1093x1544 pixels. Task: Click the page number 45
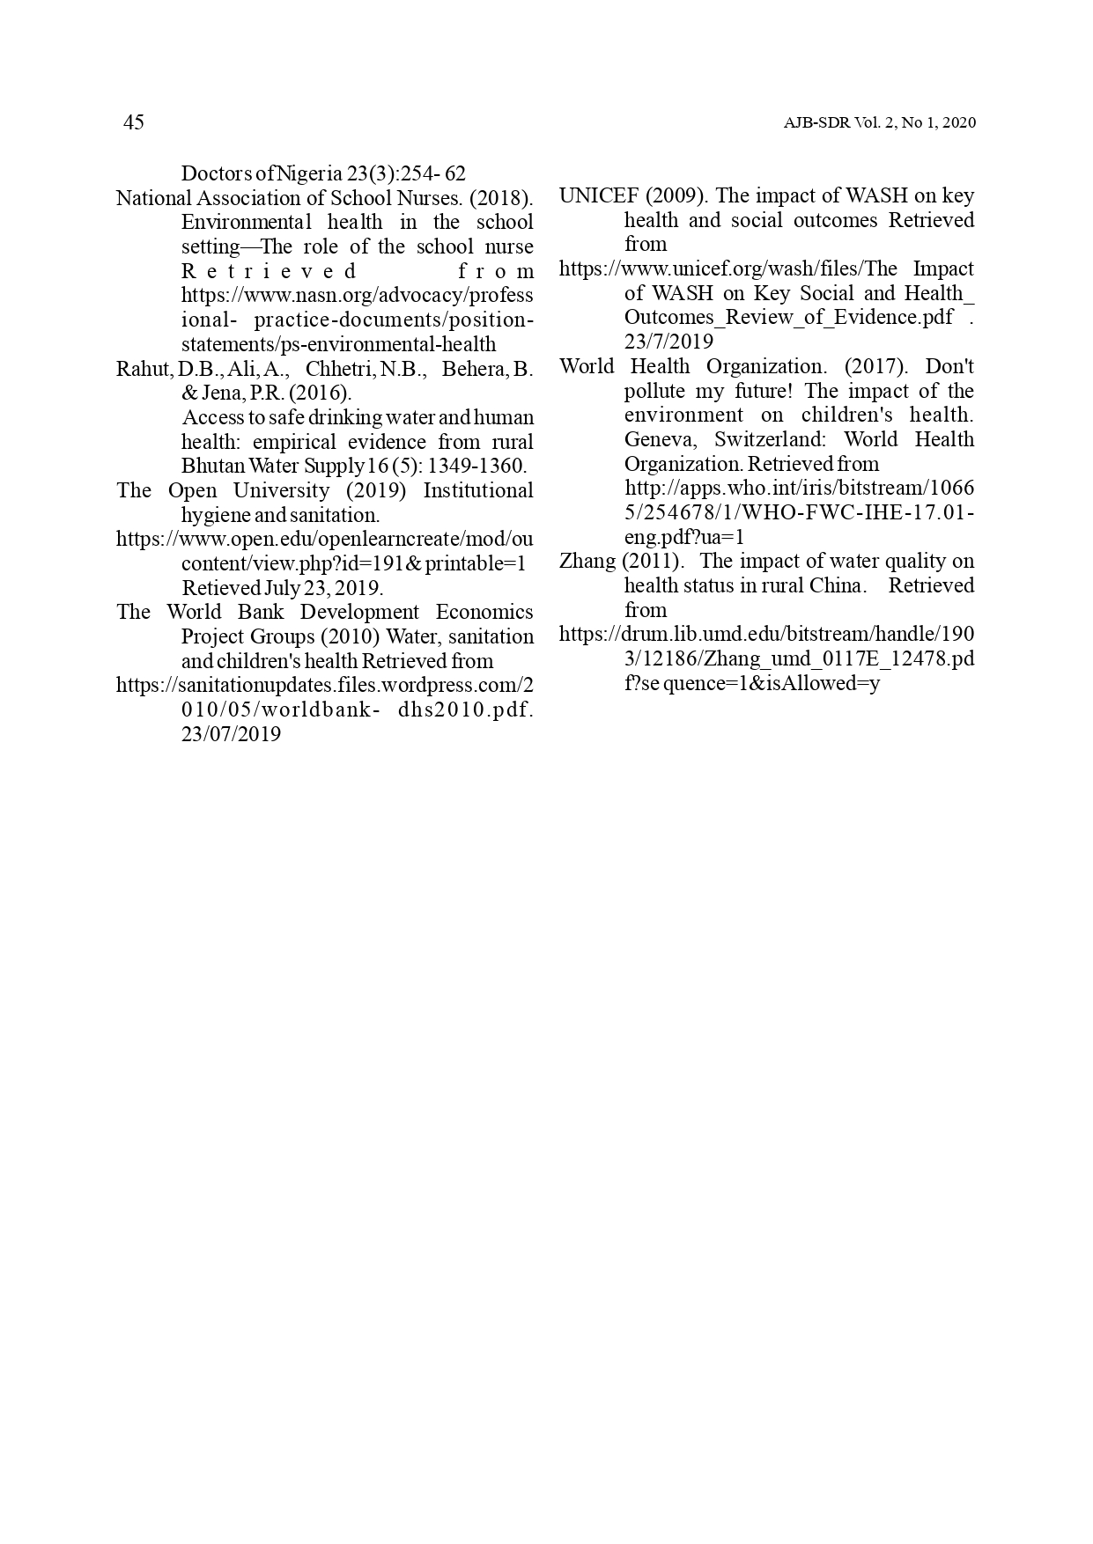tap(133, 122)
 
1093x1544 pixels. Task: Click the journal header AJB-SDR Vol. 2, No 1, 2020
tap(879, 123)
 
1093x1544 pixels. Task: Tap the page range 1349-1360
tap(476, 466)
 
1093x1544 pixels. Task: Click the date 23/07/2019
tap(231, 734)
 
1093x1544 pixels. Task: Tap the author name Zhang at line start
tap(587, 561)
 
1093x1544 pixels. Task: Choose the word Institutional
tap(478, 490)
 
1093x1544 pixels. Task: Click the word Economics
tap(484, 612)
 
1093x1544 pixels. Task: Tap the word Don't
tap(949, 366)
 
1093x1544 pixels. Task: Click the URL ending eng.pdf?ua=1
tap(685, 537)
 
